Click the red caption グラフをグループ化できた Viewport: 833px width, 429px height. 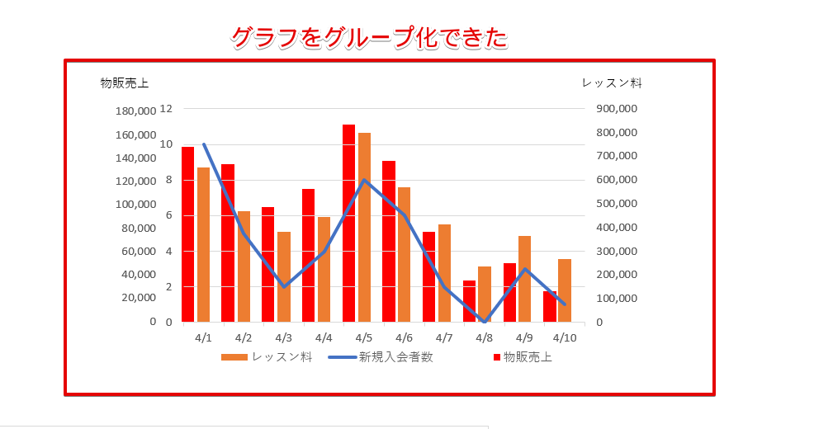click(368, 38)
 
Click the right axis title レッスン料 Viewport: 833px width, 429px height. click(612, 82)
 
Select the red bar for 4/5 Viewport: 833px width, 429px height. click(349, 223)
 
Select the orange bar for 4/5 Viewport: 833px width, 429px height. click(364, 227)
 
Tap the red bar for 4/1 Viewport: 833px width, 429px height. click(188, 234)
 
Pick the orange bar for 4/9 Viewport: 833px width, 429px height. click(524, 279)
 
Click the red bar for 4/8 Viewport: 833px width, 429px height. click(469, 301)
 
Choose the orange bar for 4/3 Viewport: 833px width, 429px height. click(284, 276)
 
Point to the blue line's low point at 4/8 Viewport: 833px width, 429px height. click(485, 321)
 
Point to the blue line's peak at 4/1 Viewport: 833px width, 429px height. click(204, 144)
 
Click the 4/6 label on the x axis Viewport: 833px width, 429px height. click(404, 338)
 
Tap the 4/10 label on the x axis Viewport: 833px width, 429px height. click(565, 338)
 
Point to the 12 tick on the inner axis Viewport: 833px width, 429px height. click(166, 108)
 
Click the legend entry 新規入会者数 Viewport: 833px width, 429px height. click(395, 357)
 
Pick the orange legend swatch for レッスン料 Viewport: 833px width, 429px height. click(234, 357)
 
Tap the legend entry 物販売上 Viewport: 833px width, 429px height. click(528, 357)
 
